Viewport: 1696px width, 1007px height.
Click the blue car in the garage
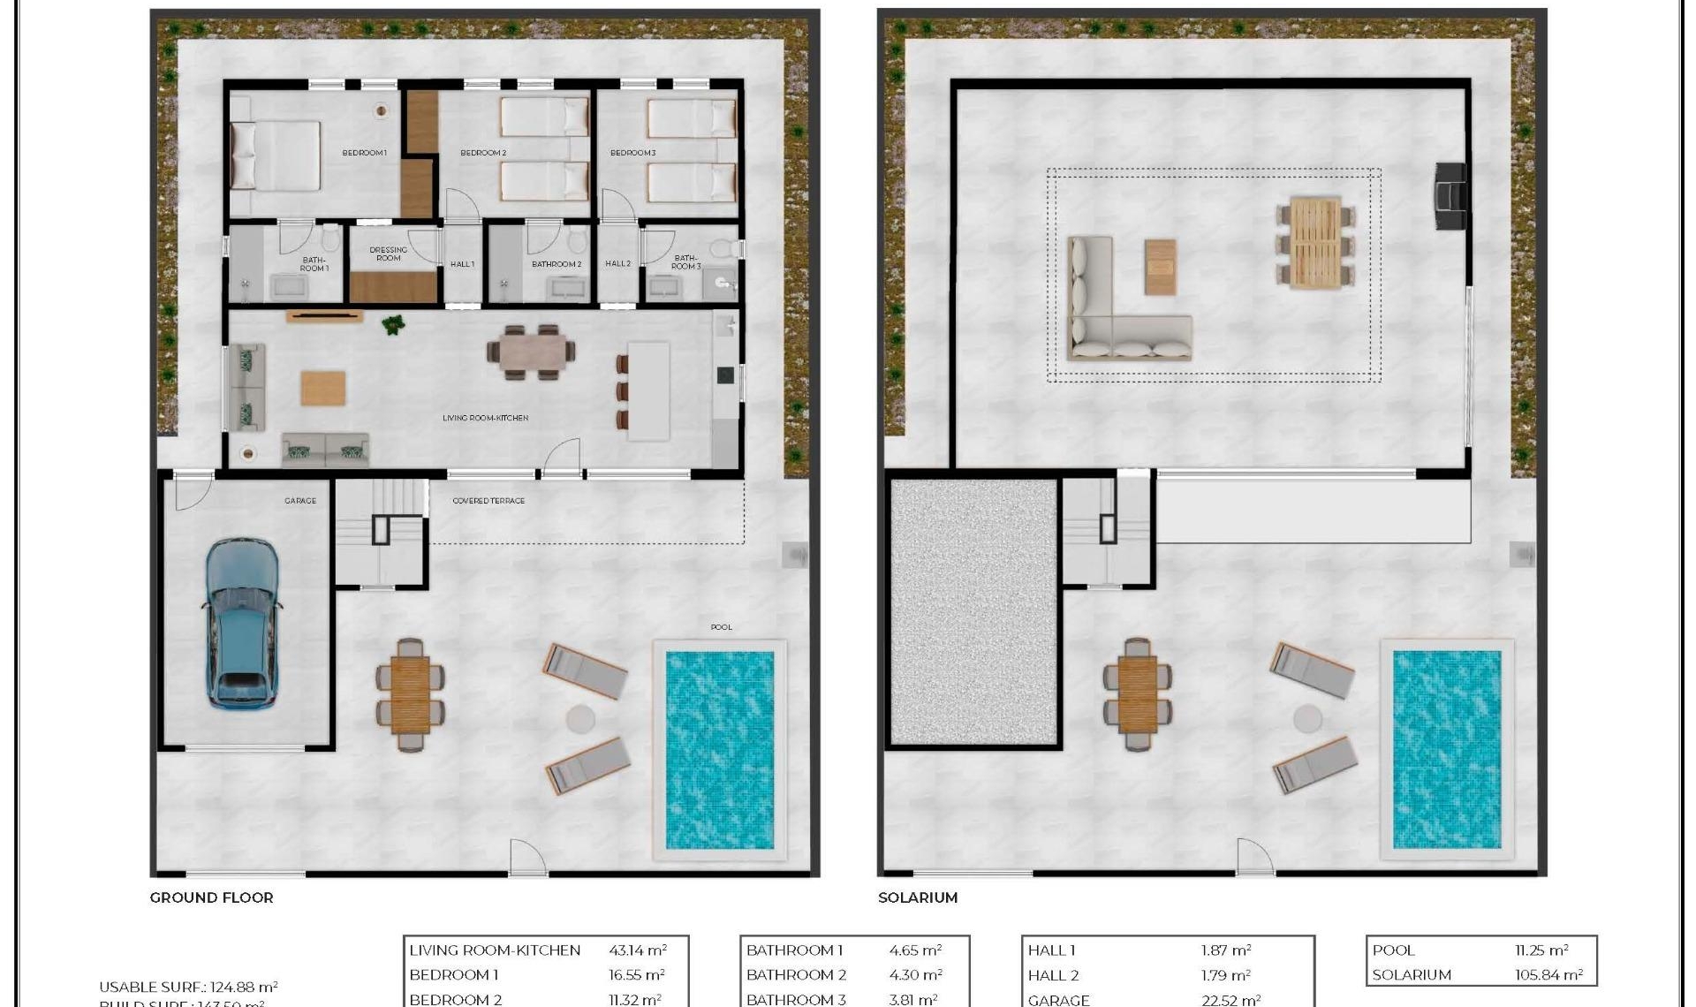[x=242, y=624]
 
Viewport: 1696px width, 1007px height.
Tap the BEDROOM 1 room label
[x=364, y=153]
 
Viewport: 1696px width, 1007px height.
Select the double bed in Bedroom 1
[x=275, y=155]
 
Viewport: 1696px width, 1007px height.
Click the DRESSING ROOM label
[x=389, y=254]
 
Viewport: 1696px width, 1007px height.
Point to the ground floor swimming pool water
[x=719, y=750]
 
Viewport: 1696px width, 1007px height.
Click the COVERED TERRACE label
[x=488, y=501]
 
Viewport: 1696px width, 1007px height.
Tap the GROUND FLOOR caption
[x=211, y=897]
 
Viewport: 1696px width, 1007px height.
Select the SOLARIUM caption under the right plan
[x=917, y=897]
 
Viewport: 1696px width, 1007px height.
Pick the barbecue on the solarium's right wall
[x=1449, y=197]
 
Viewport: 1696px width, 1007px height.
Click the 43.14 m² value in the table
[x=637, y=950]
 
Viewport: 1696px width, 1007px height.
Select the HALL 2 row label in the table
[x=1053, y=975]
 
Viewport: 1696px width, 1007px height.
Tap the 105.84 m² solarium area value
[x=1547, y=975]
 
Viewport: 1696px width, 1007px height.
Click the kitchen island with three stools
[x=647, y=390]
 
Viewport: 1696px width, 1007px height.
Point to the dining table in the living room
[x=532, y=352]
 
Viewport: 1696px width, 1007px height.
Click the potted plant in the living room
[x=393, y=325]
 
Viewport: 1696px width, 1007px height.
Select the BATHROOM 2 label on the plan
[x=556, y=264]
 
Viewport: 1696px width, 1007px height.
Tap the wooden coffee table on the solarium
[x=1160, y=267]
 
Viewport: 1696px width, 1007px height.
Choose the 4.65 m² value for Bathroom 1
[x=914, y=950]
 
